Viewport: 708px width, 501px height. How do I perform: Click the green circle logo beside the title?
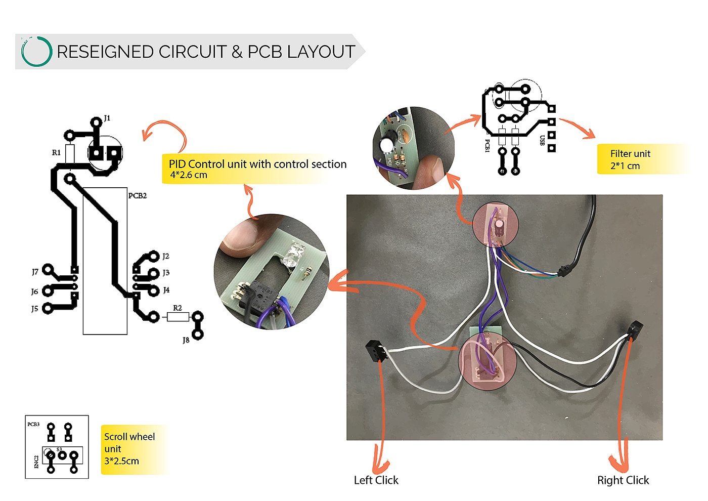click(x=36, y=51)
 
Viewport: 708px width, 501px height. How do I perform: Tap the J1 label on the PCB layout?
click(x=107, y=118)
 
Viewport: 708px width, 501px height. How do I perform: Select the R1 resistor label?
click(x=56, y=152)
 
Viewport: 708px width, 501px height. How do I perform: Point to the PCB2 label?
click(x=138, y=195)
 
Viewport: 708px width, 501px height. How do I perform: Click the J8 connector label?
click(x=186, y=340)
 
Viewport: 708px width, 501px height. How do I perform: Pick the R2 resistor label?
click(x=177, y=308)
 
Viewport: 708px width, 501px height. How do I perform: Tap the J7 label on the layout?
click(x=35, y=272)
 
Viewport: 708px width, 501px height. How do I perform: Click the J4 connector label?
click(x=166, y=290)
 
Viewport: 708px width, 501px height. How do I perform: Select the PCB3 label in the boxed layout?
click(x=33, y=424)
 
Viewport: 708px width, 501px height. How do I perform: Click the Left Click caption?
click(x=376, y=480)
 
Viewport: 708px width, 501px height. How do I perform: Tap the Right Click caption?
click(x=623, y=480)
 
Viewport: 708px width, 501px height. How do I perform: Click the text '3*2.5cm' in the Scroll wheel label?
click(x=121, y=461)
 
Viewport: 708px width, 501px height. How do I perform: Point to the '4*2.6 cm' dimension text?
click(x=189, y=175)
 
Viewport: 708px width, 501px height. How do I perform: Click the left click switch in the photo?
click(x=373, y=350)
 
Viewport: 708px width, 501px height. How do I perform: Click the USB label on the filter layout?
click(x=542, y=140)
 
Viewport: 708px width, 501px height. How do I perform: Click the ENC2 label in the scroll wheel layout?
click(x=36, y=462)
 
